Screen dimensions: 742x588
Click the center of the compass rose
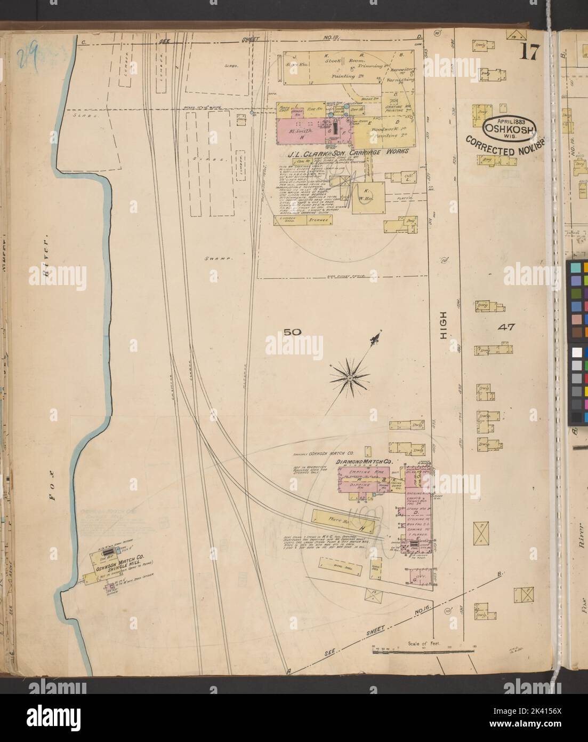349,378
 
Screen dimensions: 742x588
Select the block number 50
293,331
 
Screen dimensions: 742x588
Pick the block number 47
506,327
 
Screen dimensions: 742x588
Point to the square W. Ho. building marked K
370,195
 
